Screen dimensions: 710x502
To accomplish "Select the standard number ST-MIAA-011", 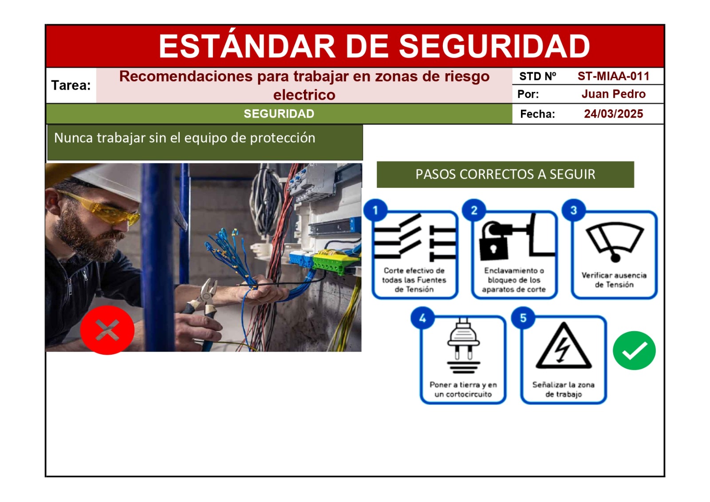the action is click(x=613, y=76).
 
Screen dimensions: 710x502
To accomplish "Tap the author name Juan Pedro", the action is click(x=613, y=94).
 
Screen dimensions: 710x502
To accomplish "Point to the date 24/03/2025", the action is click(x=613, y=114).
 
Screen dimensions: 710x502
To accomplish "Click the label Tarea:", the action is click(x=71, y=85).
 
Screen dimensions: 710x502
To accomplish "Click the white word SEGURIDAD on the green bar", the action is click(x=279, y=114).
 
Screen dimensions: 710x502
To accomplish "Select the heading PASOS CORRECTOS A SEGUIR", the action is click(x=505, y=174).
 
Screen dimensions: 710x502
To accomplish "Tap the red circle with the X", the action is click(x=107, y=330).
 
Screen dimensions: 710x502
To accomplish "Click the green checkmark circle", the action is click(x=634, y=350).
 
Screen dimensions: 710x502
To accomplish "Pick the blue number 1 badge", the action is click(x=375, y=210).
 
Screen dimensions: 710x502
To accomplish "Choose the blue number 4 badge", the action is click(x=422, y=318).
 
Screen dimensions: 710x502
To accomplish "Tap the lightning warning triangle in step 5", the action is click(x=564, y=347).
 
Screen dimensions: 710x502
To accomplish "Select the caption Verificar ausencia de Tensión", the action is click(x=614, y=280).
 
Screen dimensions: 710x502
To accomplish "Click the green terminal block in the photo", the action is click(x=333, y=262).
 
